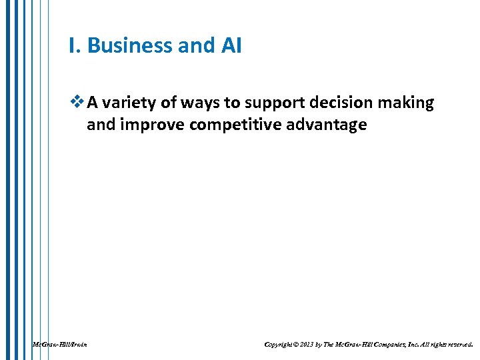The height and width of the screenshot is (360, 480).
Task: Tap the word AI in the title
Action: (229, 45)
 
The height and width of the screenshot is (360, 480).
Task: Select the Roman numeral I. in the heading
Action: (75, 45)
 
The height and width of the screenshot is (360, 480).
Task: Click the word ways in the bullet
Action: (195, 103)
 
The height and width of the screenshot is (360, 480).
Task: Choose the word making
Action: (407, 103)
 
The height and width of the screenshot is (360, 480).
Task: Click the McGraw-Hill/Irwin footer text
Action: (59, 345)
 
